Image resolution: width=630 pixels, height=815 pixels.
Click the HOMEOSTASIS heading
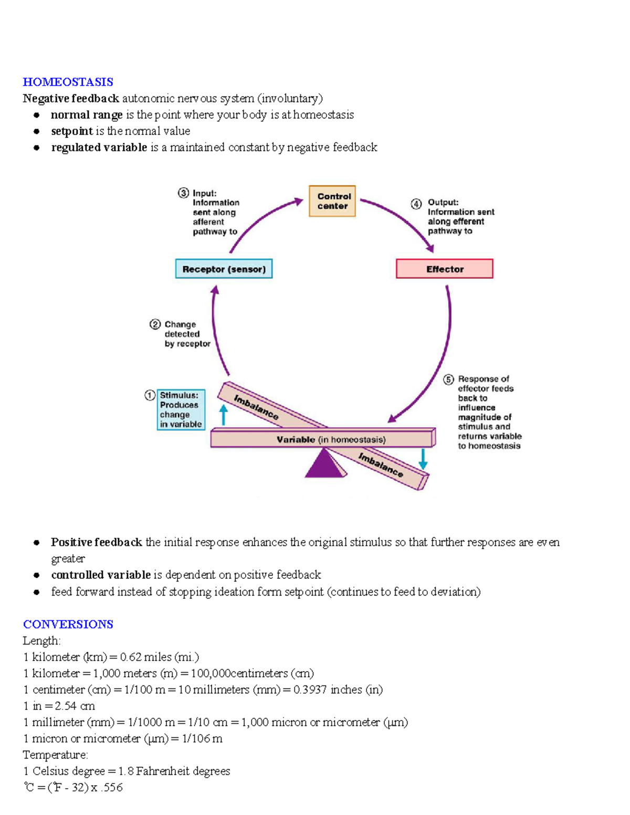68,82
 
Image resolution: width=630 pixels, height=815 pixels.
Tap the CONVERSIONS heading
68,624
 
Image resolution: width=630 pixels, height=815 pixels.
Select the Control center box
332,201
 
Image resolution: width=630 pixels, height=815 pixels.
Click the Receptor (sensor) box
224,269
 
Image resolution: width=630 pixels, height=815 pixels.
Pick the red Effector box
444,269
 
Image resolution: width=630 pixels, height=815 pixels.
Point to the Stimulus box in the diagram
181,409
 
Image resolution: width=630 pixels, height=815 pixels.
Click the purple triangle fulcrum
324,464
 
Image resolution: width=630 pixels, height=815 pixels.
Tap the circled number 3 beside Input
183,193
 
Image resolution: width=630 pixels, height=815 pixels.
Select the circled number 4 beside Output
416,204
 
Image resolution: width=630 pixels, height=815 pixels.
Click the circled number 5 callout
448,379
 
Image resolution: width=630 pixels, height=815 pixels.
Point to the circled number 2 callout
155,324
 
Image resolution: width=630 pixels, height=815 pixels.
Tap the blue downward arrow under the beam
423,459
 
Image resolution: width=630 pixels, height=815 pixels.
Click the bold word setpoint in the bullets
72,131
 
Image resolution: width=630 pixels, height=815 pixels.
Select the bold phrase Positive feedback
97,542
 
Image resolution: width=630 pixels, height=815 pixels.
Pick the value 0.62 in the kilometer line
130,657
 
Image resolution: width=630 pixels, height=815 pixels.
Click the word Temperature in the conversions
55,755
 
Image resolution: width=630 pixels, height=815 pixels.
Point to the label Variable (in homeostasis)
331,439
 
